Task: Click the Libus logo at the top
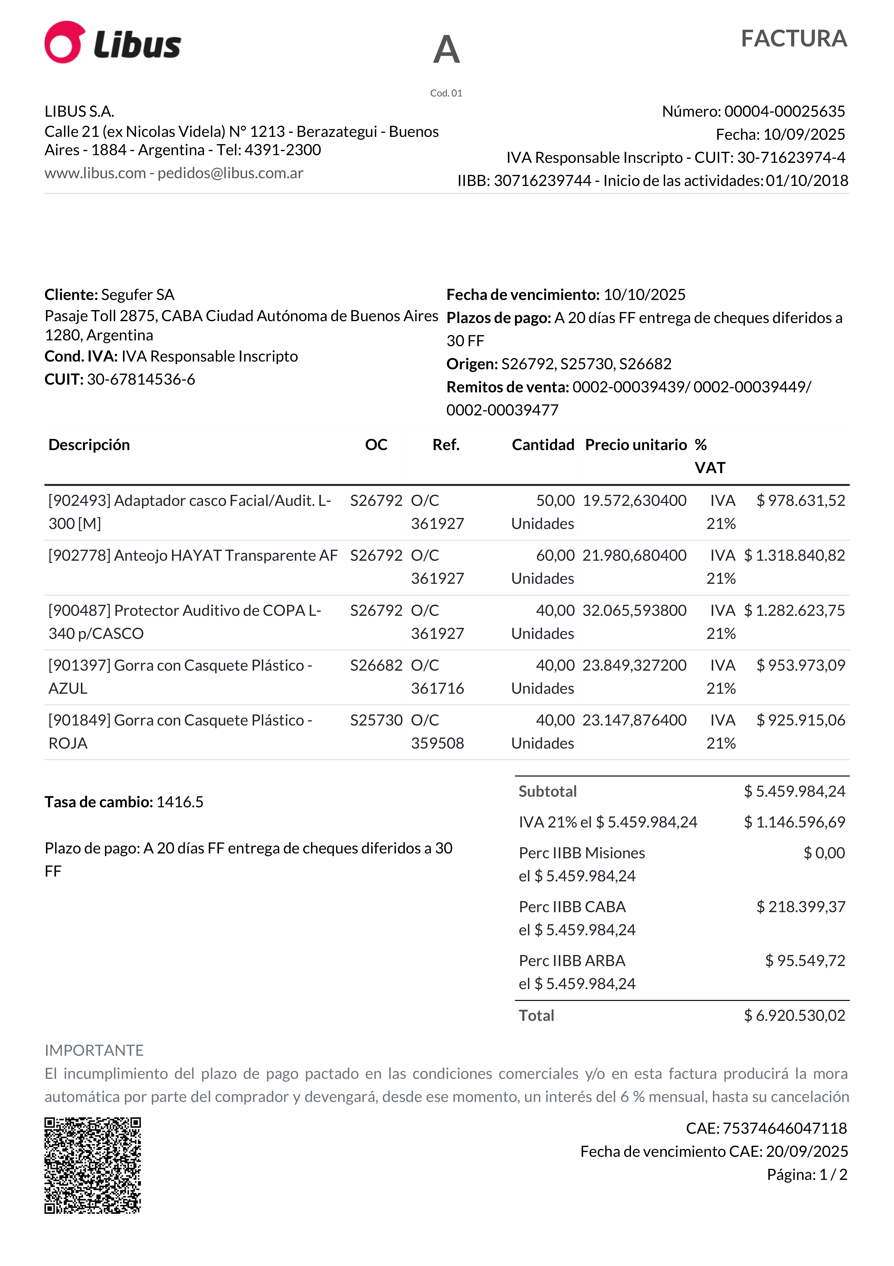[x=113, y=43]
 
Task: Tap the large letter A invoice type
[x=446, y=50]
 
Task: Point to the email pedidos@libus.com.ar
[x=230, y=173]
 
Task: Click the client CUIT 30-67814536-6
[x=141, y=379]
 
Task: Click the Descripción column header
[x=89, y=445]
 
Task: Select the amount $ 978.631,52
[x=800, y=501]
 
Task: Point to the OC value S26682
[x=376, y=666]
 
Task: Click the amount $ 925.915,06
[x=800, y=720]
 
